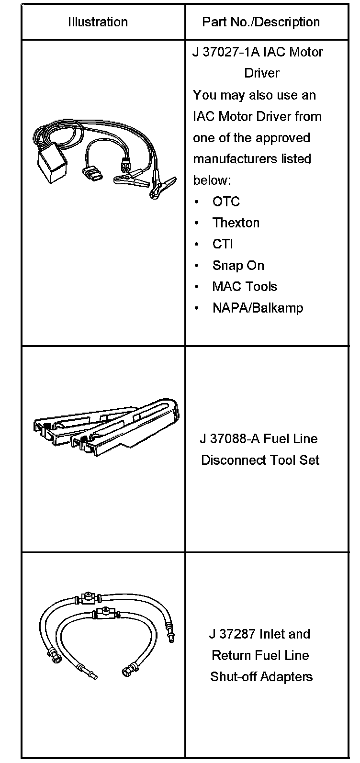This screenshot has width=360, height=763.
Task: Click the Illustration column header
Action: tap(98, 22)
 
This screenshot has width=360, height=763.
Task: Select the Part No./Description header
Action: tap(261, 22)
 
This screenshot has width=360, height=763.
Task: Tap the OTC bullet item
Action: tap(226, 202)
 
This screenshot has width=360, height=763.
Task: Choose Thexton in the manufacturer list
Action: tap(236, 223)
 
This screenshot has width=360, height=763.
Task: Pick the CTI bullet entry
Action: tap(223, 244)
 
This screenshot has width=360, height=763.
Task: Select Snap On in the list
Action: tap(238, 265)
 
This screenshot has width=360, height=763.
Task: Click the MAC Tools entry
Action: tap(245, 287)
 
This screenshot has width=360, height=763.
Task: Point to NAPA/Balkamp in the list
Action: tap(258, 308)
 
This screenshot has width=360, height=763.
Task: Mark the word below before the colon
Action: tap(210, 180)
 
